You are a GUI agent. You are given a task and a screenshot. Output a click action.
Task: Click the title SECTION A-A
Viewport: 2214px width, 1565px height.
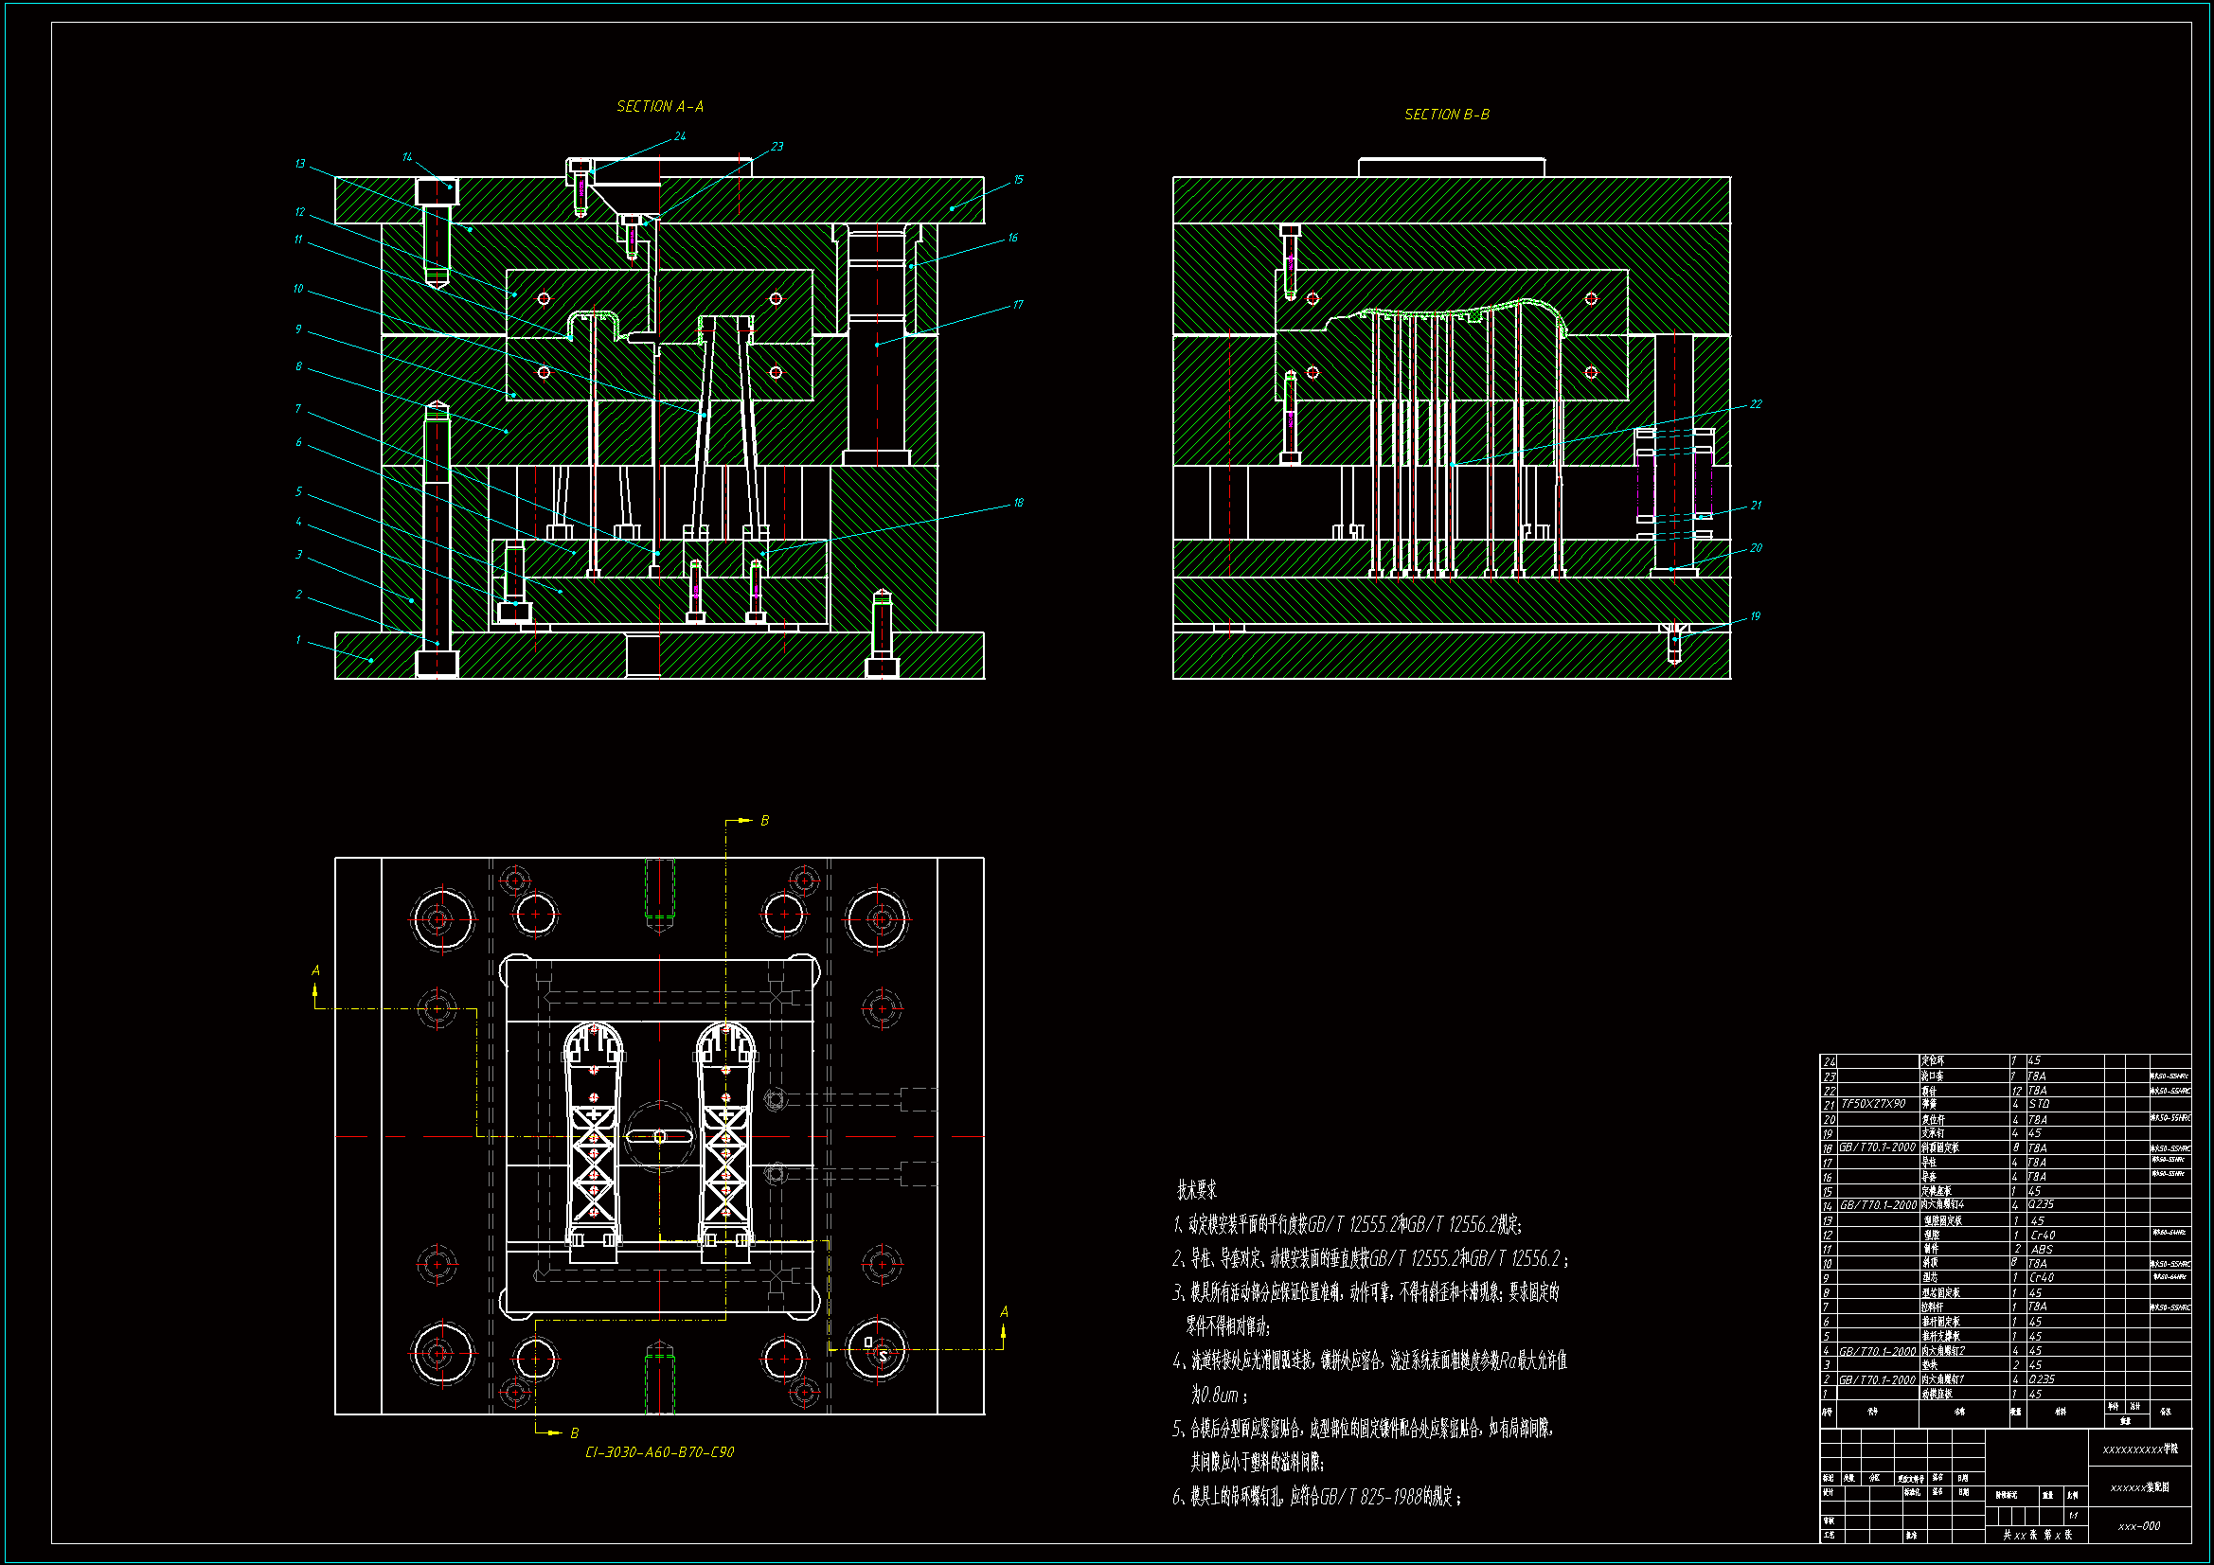[x=660, y=106]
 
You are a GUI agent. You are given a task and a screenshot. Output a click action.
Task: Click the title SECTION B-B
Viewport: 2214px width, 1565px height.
[x=1446, y=115]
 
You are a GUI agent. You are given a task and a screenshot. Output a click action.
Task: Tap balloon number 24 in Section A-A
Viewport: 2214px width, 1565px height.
[x=680, y=136]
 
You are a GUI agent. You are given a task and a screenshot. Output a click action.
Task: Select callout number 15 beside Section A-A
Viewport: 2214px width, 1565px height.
[x=1018, y=179]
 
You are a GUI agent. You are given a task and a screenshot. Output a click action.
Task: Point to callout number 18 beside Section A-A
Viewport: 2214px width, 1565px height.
[x=1018, y=503]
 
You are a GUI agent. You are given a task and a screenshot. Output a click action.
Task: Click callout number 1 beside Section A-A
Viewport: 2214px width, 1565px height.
[x=298, y=639]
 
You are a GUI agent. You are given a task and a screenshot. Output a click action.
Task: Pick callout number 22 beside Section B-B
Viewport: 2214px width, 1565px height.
[x=1756, y=404]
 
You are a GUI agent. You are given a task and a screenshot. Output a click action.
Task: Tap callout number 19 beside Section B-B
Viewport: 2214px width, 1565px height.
[x=1755, y=616]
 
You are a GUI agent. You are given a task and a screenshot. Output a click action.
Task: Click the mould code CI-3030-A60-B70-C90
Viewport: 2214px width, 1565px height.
[x=660, y=1452]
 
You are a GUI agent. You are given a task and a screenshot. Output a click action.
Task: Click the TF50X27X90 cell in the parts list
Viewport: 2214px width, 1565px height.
[x=1874, y=1104]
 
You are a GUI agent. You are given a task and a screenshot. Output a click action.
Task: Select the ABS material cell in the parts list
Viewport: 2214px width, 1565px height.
[x=2042, y=1249]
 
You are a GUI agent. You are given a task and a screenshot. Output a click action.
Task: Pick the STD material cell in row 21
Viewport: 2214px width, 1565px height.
[x=2039, y=1104]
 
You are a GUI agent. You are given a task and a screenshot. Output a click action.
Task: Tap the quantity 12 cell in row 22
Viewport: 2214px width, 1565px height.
[x=2016, y=1091]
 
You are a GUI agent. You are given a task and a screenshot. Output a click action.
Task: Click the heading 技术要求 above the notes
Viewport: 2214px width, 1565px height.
[x=1197, y=1190]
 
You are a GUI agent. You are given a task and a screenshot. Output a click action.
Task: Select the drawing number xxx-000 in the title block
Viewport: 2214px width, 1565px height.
[x=2139, y=1526]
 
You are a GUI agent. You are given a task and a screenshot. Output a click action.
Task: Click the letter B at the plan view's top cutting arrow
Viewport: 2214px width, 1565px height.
[x=765, y=821]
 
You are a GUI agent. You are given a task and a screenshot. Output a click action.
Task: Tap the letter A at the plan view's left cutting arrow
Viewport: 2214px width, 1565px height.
[x=315, y=971]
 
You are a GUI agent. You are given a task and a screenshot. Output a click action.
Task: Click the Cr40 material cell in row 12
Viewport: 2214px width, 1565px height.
[x=2042, y=1236]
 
